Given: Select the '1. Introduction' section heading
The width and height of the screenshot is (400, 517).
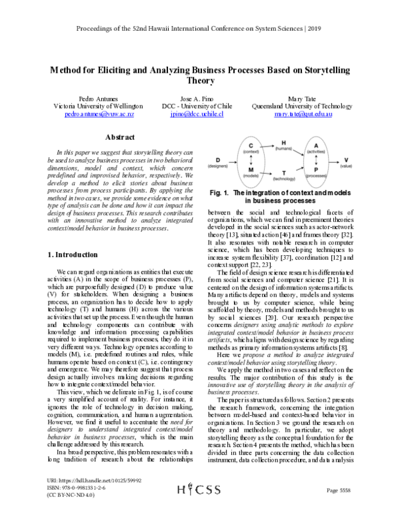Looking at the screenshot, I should point(75,255).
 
